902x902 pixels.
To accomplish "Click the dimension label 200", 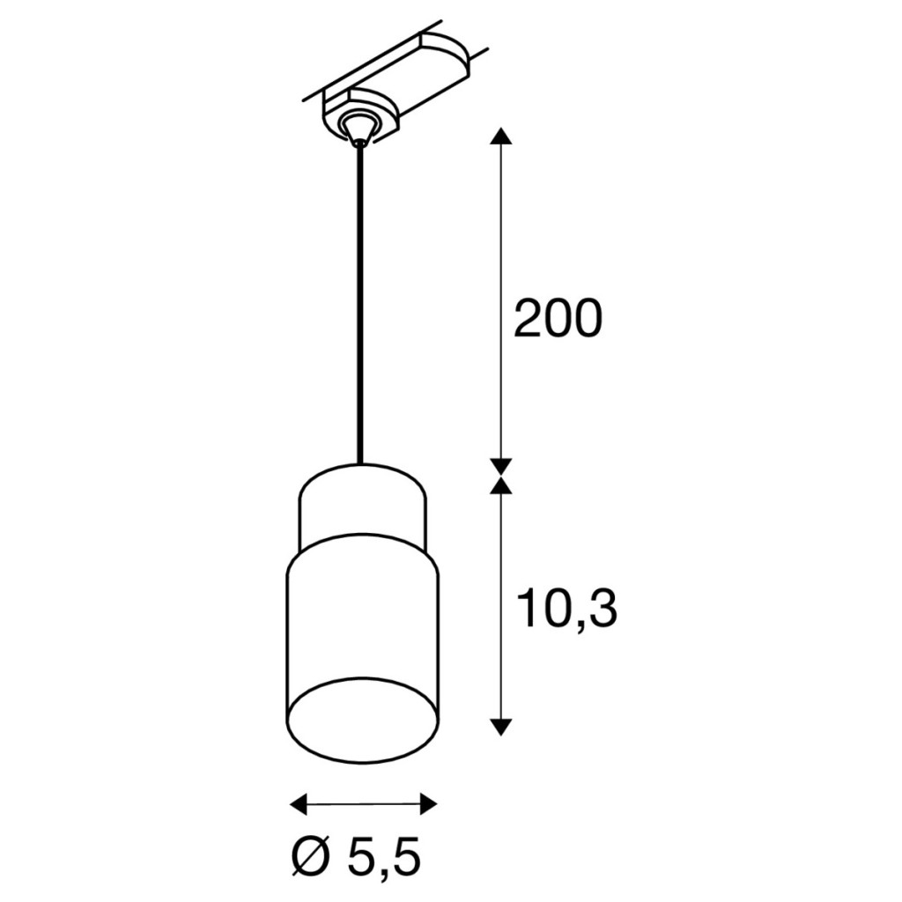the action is click(557, 317).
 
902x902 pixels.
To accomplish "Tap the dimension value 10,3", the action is click(566, 610).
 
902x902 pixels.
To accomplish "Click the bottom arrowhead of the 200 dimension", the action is click(503, 466).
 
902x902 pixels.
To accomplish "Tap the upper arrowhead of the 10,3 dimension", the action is click(503, 485).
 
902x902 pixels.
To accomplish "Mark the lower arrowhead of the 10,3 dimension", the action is click(503, 727).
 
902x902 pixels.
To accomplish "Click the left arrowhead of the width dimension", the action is click(299, 803).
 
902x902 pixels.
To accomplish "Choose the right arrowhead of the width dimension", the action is click(429, 803).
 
